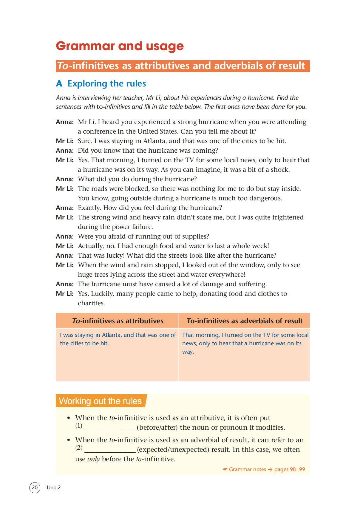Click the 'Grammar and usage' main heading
120,46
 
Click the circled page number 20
35,487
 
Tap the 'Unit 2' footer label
54,487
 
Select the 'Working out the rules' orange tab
100,401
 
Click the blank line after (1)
110,428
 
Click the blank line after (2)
110,450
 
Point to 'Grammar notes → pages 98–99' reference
264,469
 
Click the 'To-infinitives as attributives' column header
118,321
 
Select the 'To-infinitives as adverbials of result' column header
244,321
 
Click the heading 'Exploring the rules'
106,83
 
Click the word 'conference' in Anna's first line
101,132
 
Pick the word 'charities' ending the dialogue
91,303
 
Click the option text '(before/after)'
157,428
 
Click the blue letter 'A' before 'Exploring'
59,84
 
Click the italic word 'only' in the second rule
93,459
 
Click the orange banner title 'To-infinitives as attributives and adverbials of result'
183,66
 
